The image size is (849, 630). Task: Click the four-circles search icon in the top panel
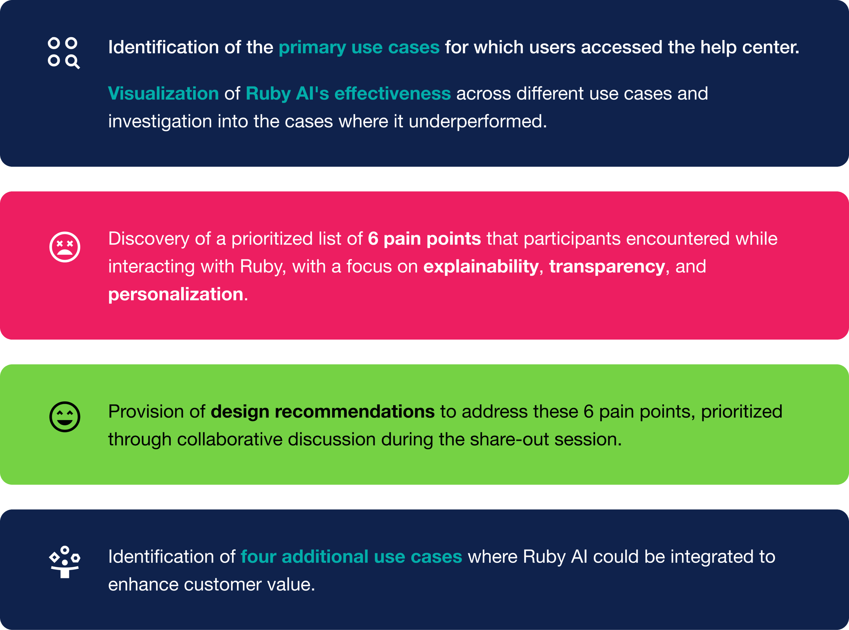click(64, 53)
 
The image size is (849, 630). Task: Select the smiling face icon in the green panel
click(65, 416)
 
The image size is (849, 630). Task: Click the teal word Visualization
click(163, 93)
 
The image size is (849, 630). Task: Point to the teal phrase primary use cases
click(359, 47)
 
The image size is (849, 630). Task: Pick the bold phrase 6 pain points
click(424, 239)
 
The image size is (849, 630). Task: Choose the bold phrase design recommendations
click(323, 412)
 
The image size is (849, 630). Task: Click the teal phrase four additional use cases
click(351, 556)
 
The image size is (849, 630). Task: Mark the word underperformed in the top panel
click(477, 121)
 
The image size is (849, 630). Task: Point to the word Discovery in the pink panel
click(148, 239)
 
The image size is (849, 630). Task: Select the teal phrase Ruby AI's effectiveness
click(348, 93)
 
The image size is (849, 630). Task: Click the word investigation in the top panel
click(160, 121)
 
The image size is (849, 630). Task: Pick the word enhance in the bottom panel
click(143, 584)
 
